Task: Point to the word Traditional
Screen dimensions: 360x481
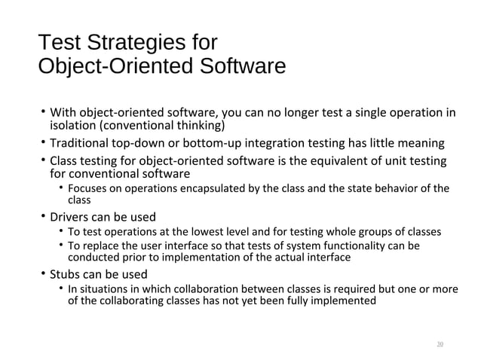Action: tap(81, 143)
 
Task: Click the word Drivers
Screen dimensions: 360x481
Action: tap(70, 217)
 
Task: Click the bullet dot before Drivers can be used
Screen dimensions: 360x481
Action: tap(43, 217)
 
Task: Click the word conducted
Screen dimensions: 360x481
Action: tap(90, 258)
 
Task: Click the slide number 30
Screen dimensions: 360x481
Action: tap(440, 344)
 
